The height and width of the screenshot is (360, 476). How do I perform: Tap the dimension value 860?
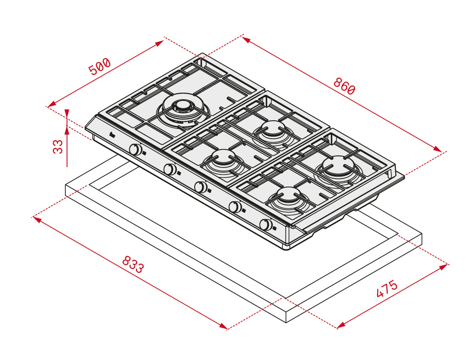[344, 86]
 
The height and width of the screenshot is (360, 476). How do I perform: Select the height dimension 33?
[58, 146]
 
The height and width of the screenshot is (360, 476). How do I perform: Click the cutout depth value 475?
[387, 288]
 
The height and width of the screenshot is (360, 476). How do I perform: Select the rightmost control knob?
[266, 225]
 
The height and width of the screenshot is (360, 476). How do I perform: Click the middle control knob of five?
[200, 187]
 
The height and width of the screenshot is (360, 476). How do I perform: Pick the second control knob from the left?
[170, 169]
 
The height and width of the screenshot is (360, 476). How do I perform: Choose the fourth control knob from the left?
[235, 207]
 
